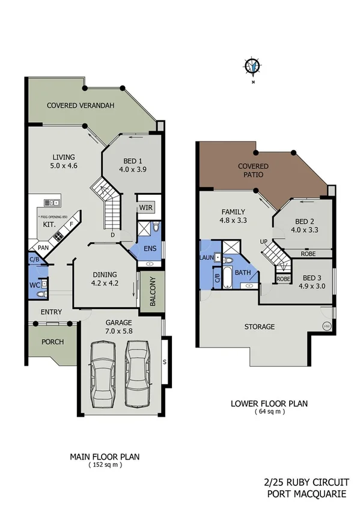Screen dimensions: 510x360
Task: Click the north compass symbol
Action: [253, 67]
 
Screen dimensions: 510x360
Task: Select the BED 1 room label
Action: [133, 165]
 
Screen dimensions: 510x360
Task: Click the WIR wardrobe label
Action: [146, 207]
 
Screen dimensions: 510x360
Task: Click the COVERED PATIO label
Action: [253, 170]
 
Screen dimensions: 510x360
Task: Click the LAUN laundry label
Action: [205, 257]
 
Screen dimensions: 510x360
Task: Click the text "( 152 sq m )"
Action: [105, 465]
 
